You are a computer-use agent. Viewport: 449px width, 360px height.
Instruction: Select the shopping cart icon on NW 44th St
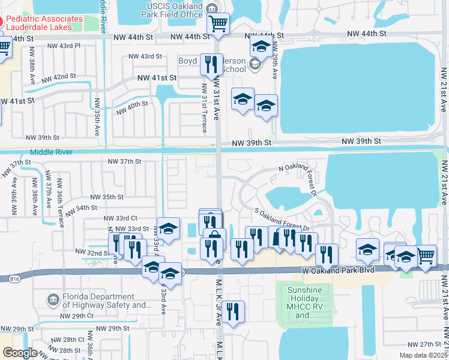(x=218, y=25)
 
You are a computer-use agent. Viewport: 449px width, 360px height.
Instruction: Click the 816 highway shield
(x=14, y=278)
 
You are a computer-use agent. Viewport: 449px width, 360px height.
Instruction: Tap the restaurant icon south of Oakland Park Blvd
(x=233, y=311)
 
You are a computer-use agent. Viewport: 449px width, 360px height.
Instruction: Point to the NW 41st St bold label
(x=157, y=78)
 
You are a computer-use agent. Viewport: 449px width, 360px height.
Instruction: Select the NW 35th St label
(x=107, y=197)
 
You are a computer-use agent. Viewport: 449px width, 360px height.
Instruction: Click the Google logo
(x=20, y=353)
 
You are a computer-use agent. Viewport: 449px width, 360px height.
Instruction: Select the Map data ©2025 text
(x=423, y=355)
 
